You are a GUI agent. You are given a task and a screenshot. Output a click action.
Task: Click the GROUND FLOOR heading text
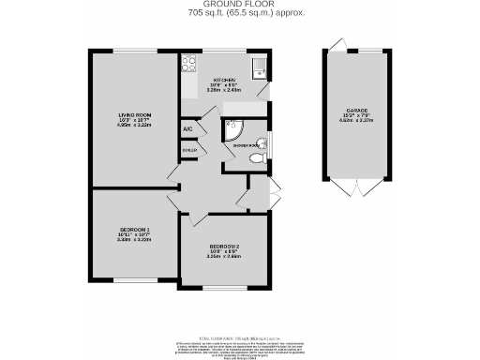click(239, 5)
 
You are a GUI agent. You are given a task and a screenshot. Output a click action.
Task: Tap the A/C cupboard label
click(187, 127)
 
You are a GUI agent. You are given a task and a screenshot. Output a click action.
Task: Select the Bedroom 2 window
click(224, 287)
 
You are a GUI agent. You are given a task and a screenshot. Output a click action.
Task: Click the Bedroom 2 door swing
click(199, 219)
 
